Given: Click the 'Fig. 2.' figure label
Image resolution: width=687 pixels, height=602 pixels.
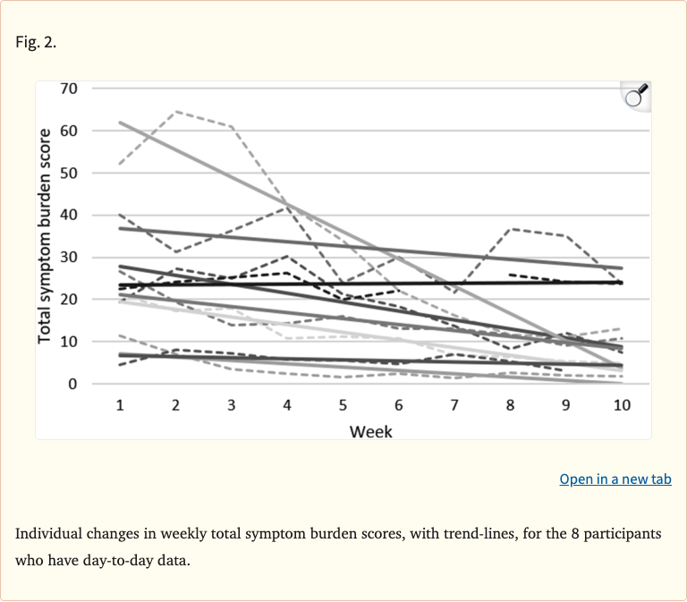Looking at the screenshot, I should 36,42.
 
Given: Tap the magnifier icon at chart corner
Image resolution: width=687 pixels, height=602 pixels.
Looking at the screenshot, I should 636,96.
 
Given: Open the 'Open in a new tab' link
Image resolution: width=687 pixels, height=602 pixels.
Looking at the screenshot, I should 615,479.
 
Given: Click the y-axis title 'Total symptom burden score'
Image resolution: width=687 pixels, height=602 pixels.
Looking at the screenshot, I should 45,235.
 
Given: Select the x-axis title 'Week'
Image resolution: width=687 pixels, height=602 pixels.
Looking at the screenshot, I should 370,432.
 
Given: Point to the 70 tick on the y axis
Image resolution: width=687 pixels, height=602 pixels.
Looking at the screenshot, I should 69,89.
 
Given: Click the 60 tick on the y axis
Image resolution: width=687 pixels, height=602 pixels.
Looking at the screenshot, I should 69,131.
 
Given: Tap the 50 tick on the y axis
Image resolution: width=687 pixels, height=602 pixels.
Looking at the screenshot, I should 69,173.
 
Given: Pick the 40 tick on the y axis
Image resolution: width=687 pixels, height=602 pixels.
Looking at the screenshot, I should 69,215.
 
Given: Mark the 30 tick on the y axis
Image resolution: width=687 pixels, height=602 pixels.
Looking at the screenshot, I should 69,258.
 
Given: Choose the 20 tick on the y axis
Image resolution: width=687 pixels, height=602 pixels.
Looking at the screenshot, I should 69,300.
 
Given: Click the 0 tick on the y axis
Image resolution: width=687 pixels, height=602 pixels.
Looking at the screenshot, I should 73,384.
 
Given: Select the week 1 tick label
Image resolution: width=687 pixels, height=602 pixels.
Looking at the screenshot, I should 119,405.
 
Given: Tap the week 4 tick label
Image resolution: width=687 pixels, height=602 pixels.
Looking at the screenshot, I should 287,405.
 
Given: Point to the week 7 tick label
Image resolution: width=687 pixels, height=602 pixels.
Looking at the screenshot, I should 454,405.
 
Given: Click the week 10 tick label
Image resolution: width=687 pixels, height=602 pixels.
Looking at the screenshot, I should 622,405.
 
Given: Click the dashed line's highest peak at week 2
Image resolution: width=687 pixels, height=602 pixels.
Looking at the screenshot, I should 175,112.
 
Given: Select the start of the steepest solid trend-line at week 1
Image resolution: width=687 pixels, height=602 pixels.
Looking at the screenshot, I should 120,123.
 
